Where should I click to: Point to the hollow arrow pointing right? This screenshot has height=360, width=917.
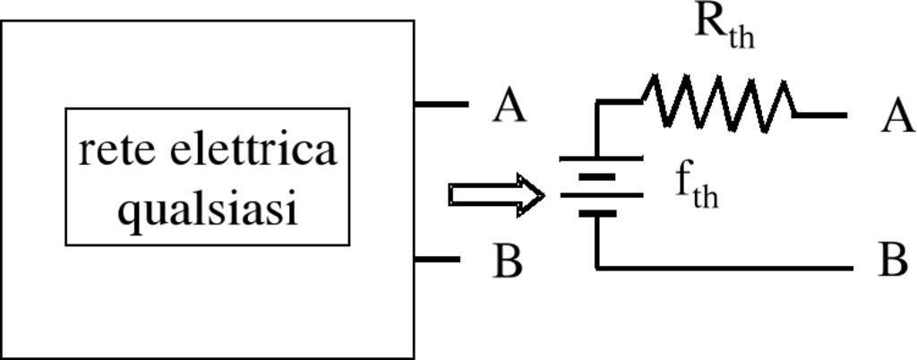[x=496, y=195]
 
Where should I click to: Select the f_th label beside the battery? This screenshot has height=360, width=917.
[x=696, y=185]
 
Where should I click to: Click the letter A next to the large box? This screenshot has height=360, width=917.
[x=509, y=107]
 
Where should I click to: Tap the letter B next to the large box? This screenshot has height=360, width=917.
[x=508, y=261]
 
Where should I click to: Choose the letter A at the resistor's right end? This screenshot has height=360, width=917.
[x=897, y=116]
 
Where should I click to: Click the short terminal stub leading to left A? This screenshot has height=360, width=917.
[x=441, y=105]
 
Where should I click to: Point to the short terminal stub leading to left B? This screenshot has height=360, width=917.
[x=438, y=260]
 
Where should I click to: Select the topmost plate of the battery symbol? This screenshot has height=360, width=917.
[x=601, y=159]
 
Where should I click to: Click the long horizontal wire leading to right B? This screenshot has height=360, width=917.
[x=725, y=267]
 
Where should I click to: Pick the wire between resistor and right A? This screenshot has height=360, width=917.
[x=820, y=115]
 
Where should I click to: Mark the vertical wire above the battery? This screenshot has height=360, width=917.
[x=597, y=130]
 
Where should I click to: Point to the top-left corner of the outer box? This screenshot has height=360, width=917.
[x=2, y=21]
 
